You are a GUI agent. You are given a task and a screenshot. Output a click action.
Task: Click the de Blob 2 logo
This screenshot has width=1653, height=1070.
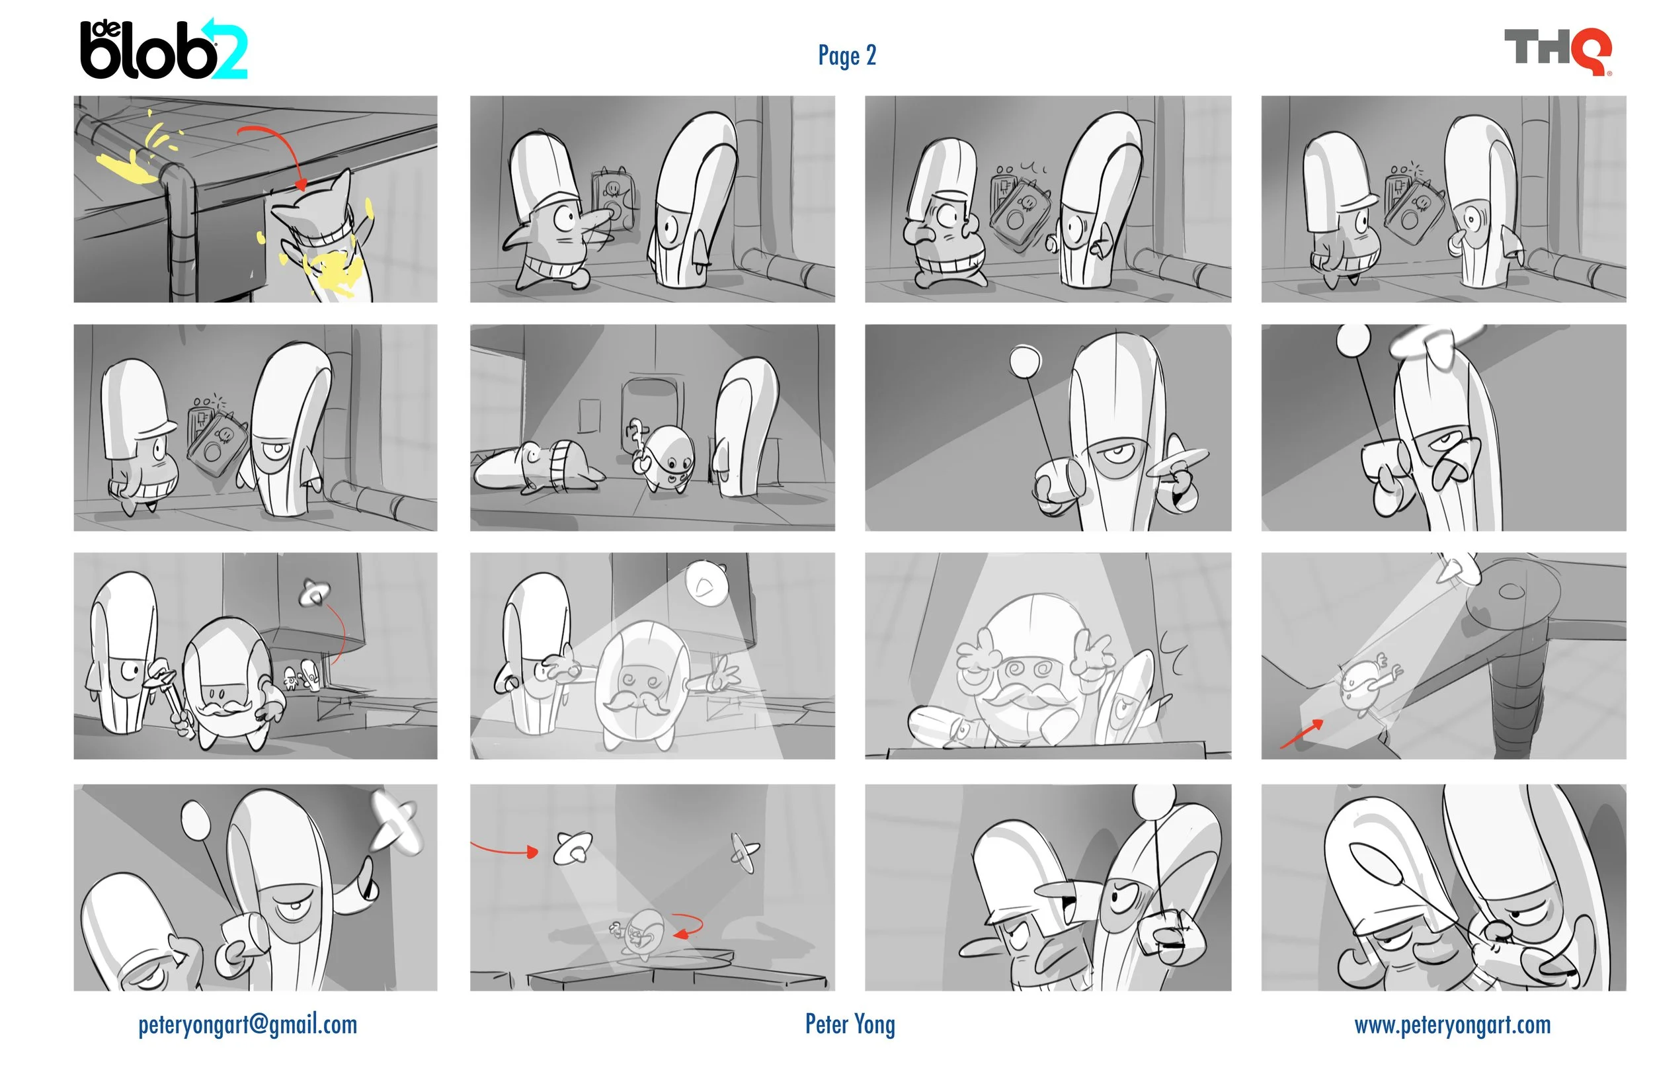point(163,50)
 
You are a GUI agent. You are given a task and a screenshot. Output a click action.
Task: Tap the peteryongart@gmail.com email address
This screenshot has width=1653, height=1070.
point(247,1025)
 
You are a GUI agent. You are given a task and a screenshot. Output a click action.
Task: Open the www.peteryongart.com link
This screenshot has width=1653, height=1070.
point(1452,1025)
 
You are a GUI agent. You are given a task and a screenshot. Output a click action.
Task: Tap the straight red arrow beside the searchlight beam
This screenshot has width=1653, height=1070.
point(1301,735)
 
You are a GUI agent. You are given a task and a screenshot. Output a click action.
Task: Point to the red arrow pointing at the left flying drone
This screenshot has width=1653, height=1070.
point(504,849)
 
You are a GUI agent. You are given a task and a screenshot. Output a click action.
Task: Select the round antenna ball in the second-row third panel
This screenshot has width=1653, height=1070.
point(1025,362)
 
